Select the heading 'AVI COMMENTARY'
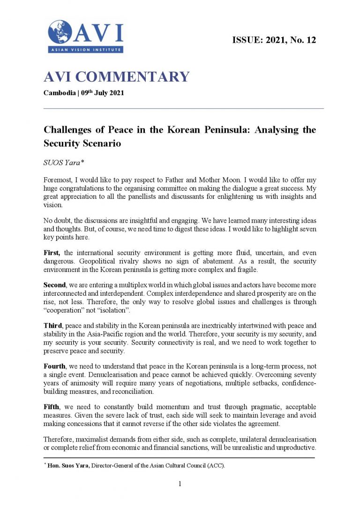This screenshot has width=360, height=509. pos(116,76)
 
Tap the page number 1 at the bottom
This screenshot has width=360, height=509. pos(180,484)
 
